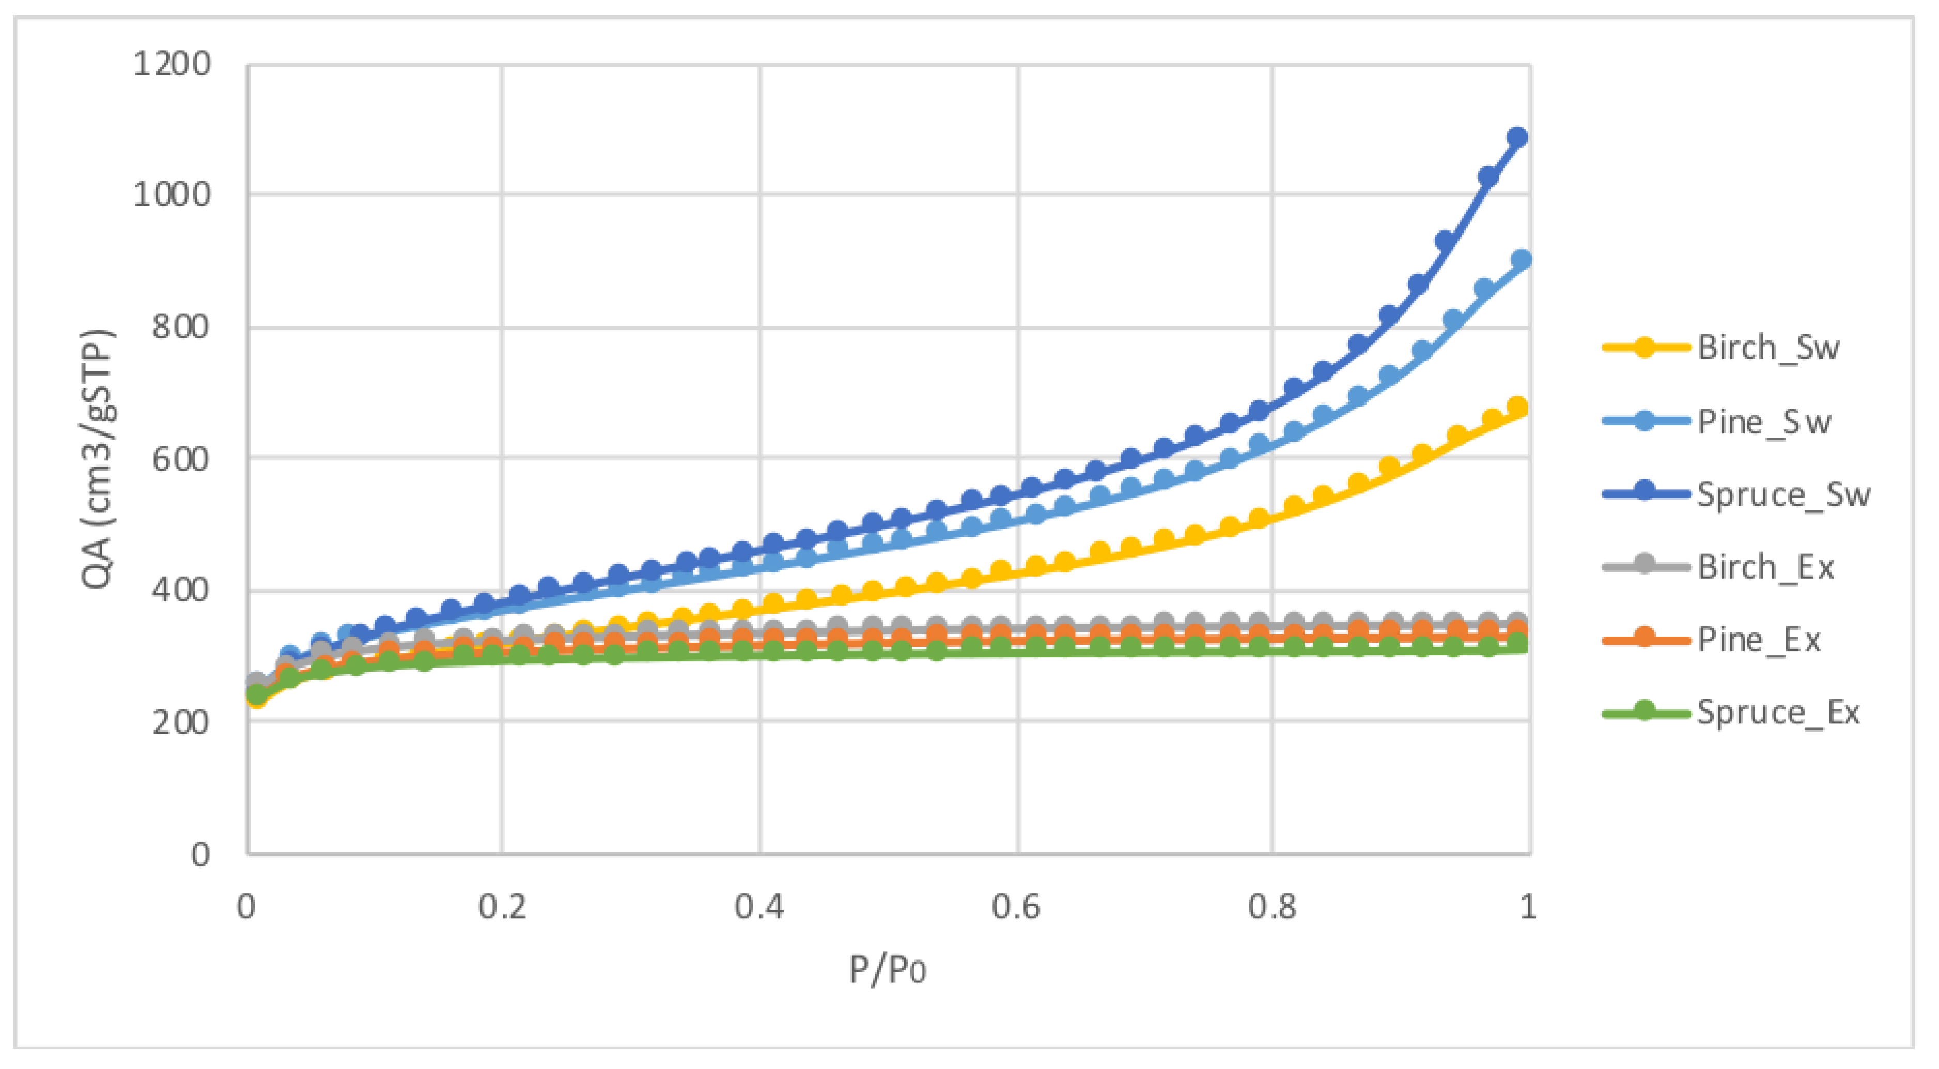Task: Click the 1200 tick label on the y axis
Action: (x=172, y=65)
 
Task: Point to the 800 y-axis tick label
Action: (x=181, y=328)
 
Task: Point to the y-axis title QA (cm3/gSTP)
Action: (x=98, y=459)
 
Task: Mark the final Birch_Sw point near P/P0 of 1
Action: (x=1518, y=407)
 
